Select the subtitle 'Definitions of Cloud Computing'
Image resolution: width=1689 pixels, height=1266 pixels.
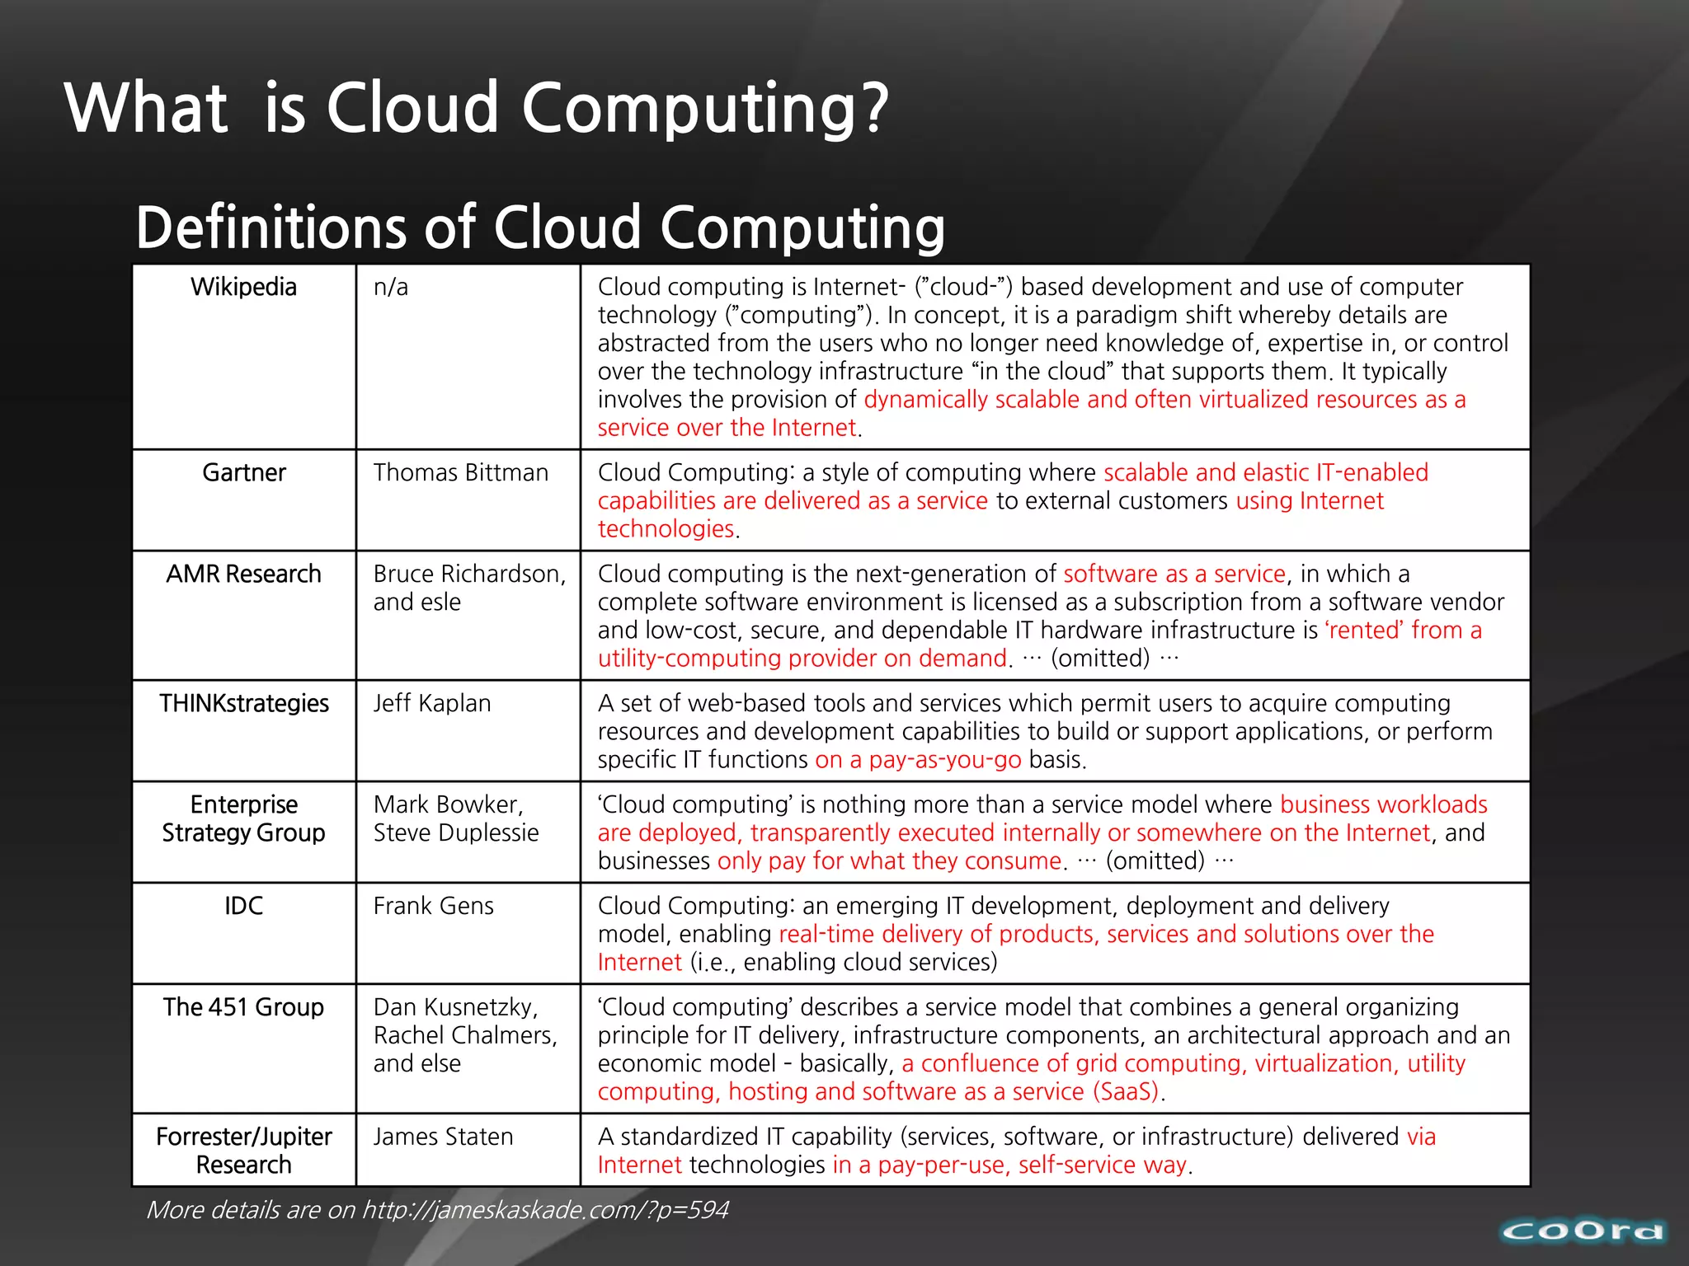(x=540, y=227)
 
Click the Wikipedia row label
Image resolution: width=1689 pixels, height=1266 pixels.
(x=243, y=287)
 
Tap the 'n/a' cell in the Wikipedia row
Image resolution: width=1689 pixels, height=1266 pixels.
(x=391, y=287)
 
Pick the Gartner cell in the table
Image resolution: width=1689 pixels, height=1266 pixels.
(x=244, y=472)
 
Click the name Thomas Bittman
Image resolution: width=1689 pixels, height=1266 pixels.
(x=460, y=472)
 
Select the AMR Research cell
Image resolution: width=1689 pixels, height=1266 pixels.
(x=243, y=574)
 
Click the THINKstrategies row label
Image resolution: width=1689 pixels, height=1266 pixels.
(x=243, y=703)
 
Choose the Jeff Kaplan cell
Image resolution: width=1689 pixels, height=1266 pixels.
(x=432, y=703)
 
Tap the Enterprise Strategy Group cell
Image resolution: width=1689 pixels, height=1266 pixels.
(x=243, y=818)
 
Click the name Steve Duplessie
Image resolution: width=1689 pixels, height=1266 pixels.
(x=456, y=832)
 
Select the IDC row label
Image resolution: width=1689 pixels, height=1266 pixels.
(x=243, y=906)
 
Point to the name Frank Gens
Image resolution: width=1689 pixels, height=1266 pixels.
(x=434, y=906)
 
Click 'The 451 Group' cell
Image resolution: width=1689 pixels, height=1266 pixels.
(x=243, y=1007)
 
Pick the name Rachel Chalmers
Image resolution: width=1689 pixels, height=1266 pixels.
(x=465, y=1035)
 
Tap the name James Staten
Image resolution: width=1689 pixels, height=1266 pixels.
(x=443, y=1137)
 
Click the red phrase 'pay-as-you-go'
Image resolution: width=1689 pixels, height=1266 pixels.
(x=944, y=760)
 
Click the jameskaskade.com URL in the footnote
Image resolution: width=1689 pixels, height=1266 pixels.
(x=545, y=1210)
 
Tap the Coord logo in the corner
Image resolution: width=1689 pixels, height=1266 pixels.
(x=1582, y=1231)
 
